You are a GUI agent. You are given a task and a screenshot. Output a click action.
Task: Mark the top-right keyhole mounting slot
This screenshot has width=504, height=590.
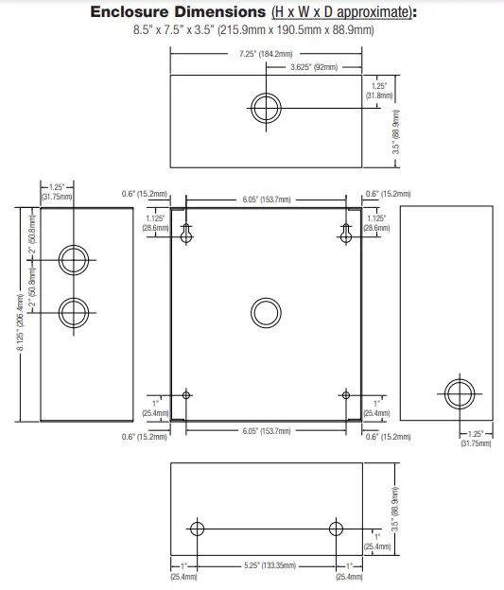pyautogui.click(x=344, y=231)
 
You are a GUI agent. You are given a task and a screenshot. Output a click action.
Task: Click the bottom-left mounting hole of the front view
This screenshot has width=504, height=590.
pyautogui.click(x=187, y=394)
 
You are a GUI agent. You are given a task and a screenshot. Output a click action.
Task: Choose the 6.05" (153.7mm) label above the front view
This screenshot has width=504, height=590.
pyautogui.click(x=266, y=200)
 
